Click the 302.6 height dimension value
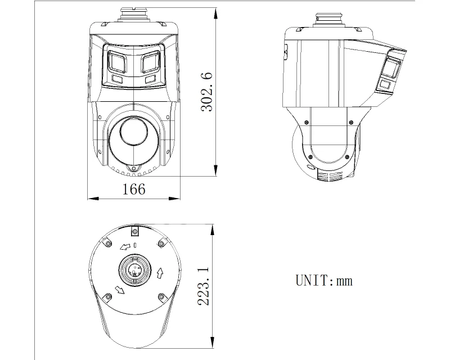point(207,92)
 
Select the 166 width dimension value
point(134,189)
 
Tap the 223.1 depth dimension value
point(204,286)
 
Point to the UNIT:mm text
point(324,280)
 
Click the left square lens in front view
point(117,61)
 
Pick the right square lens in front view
point(150,61)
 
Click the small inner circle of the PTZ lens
point(134,132)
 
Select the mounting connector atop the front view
point(134,15)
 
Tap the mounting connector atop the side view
point(328,20)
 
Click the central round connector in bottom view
point(135,270)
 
